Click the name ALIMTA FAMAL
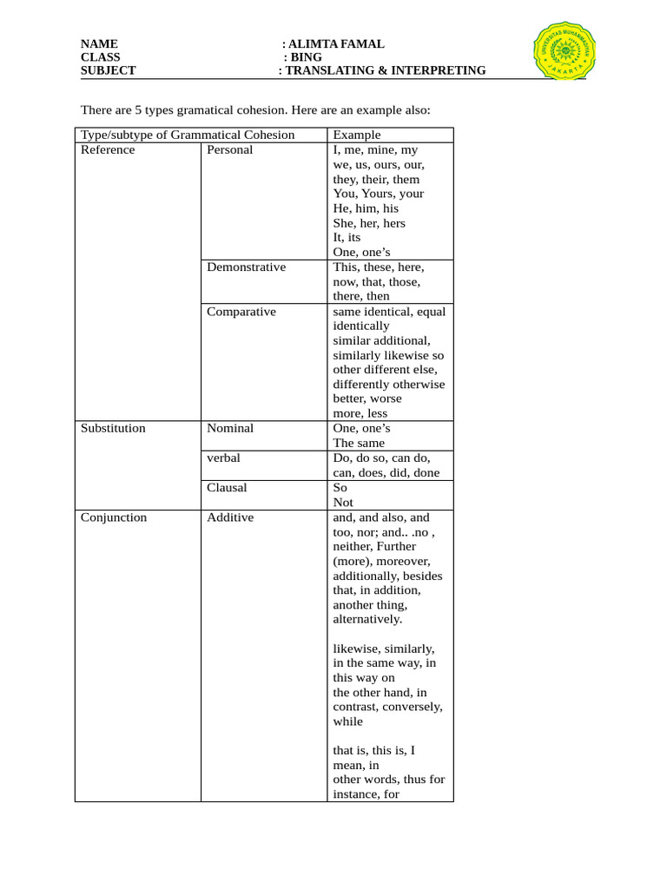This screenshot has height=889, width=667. [x=335, y=44]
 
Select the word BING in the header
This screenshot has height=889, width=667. [x=307, y=57]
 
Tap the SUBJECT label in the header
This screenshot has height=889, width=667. [x=108, y=70]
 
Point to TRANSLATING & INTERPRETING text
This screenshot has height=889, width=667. [x=386, y=70]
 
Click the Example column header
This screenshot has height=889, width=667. [x=356, y=135]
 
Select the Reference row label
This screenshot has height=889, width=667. [x=108, y=149]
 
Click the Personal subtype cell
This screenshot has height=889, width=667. [x=229, y=149]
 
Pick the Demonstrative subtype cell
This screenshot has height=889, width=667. [x=246, y=267]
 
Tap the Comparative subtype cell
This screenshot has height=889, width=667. [x=241, y=311]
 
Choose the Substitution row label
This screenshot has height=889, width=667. [x=113, y=428]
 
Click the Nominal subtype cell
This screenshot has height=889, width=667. [x=230, y=428]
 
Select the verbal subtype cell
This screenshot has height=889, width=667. [x=223, y=458]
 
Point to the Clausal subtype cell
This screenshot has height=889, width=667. [x=227, y=487]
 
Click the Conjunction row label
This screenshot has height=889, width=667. [x=114, y=517]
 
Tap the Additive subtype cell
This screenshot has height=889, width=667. [x=230, y=517]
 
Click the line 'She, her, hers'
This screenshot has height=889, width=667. [x=369, y=223]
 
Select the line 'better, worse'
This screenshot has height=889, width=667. [x=367, y=398]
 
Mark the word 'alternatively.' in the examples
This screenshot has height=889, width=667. [x=367, y=619]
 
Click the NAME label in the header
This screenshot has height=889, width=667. [x=99, y=44]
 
